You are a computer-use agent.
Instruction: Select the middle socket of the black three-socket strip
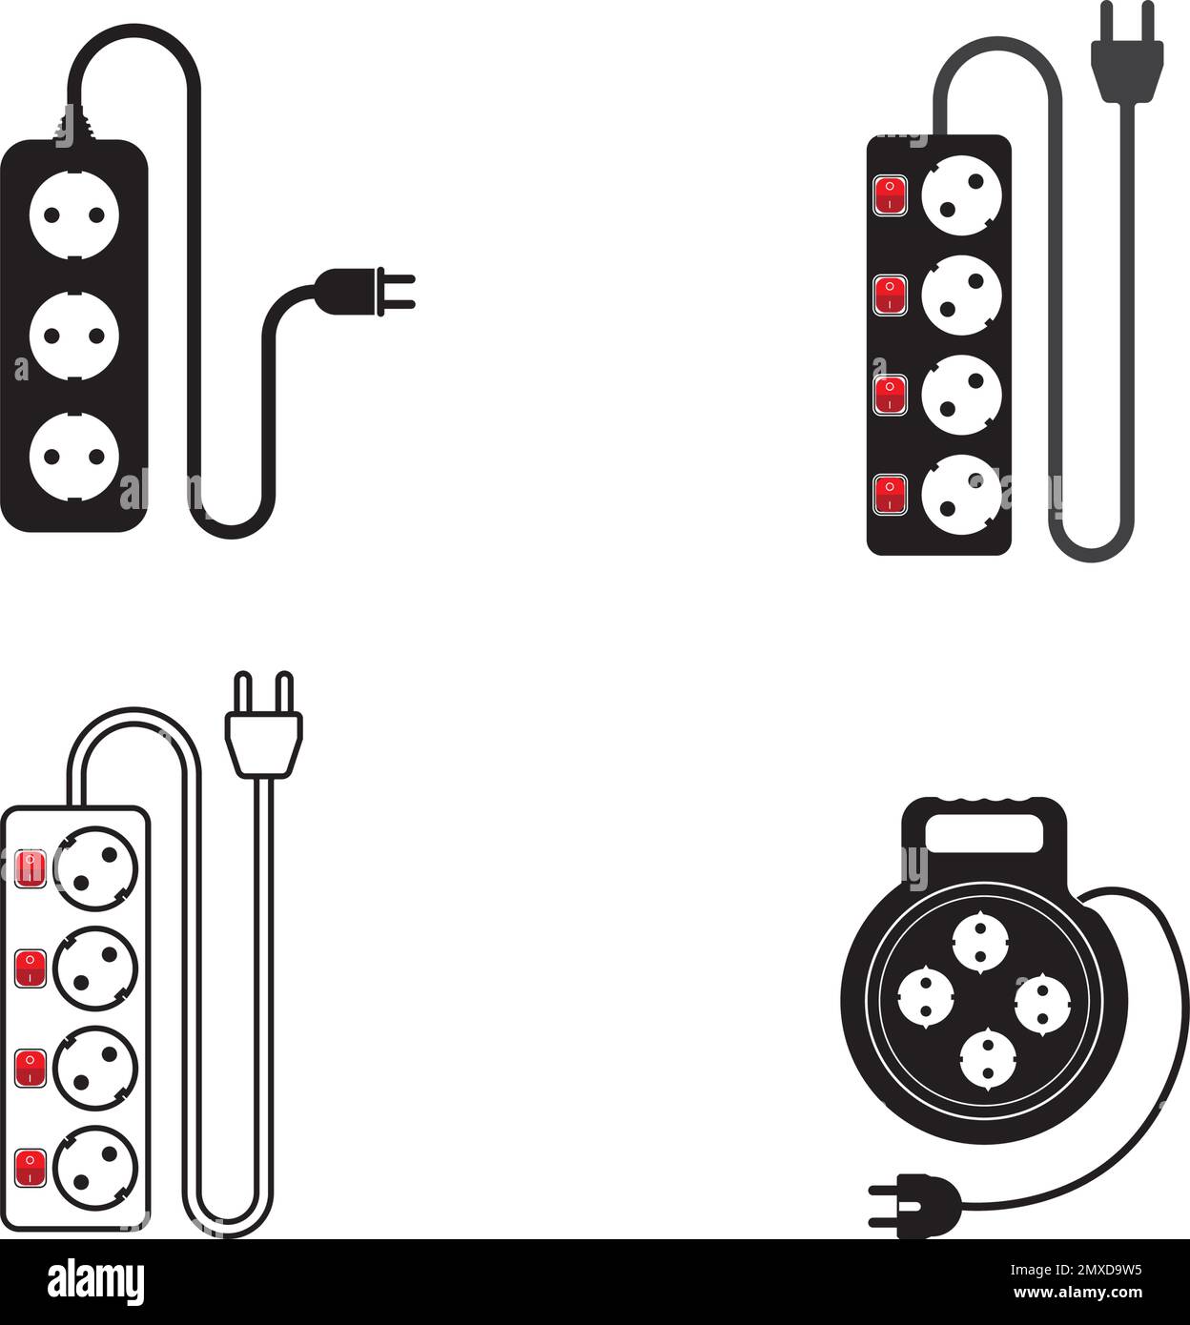(74, 336)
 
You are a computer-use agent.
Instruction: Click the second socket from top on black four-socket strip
(961, 294)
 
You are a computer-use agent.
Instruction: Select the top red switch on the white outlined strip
(31, 866)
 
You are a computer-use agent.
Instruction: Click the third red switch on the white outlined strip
(31, 1066)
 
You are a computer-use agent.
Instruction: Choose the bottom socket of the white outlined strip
(95, 1166)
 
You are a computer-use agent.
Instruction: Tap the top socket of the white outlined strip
(95, 867)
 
